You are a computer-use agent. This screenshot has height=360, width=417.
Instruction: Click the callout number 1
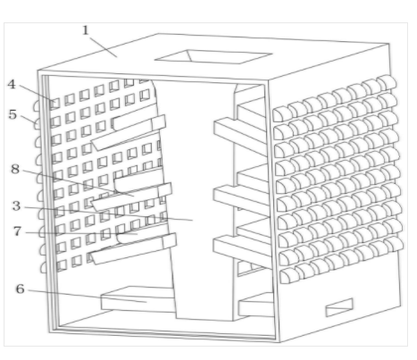(86, 30)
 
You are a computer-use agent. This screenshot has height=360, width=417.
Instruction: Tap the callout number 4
(12, 84)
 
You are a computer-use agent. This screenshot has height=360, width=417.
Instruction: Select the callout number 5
(13, 114)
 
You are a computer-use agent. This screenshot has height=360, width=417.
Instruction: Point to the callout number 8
(15, 169)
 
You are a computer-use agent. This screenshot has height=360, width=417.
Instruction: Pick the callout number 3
(17, 205)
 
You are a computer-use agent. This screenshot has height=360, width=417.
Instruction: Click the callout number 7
(17, 231)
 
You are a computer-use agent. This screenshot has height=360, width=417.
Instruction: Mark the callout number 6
(20, 289)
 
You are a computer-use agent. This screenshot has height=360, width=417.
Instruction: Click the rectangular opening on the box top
(213, 56)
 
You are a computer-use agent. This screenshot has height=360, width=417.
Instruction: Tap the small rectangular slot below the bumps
(339, 307)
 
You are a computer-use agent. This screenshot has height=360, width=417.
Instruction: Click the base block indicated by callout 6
(138, 299)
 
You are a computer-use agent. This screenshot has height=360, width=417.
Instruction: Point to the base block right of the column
(256, 305)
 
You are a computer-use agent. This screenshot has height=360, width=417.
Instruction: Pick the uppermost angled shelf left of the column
(129, 132)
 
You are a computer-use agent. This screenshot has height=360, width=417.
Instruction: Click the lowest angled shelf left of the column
(133, 248)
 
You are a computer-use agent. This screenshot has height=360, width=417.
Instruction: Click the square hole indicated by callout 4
(54, 104)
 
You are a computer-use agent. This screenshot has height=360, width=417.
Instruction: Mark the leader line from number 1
(104, 47)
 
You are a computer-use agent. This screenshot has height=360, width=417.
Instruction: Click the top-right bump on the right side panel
(387, 83)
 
